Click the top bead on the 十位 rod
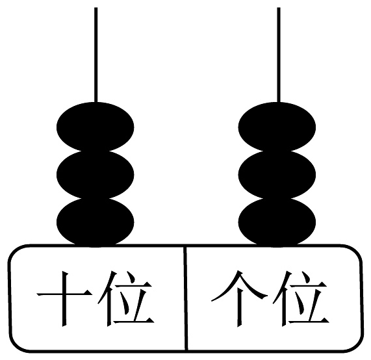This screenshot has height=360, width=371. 96,127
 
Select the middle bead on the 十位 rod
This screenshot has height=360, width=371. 96,175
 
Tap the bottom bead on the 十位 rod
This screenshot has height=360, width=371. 96,222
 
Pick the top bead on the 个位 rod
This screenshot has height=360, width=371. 277,127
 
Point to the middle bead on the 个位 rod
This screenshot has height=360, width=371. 277,175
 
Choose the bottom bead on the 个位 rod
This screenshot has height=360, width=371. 277,222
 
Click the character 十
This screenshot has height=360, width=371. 64,299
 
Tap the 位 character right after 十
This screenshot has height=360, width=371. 126,299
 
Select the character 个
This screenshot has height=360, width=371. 239,299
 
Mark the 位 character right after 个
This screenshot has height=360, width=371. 301,299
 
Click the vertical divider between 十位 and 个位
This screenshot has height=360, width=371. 186,298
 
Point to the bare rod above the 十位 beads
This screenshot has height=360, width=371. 96,55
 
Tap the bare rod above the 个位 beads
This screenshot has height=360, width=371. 279,55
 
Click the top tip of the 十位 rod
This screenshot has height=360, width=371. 96,8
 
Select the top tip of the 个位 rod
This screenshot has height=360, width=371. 279,8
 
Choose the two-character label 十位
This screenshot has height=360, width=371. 96,299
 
